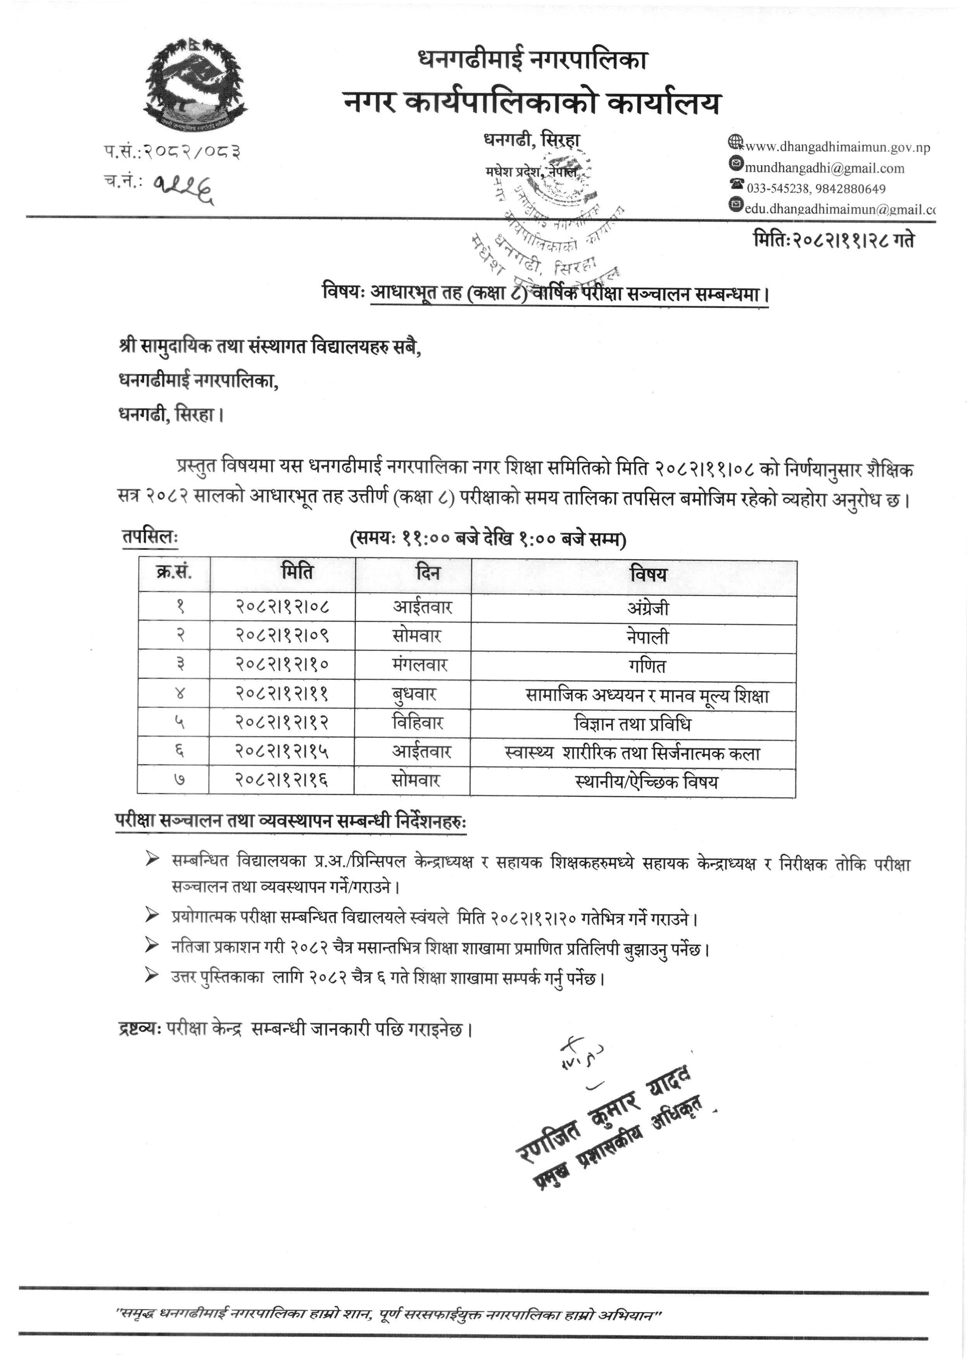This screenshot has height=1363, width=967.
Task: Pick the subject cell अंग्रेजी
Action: (x=648, y=608)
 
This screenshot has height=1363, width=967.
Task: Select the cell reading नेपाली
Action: (x=648, y=637)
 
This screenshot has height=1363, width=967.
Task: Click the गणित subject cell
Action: (x=648, y=666)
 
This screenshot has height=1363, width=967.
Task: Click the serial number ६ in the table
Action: (x=179, y=752)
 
